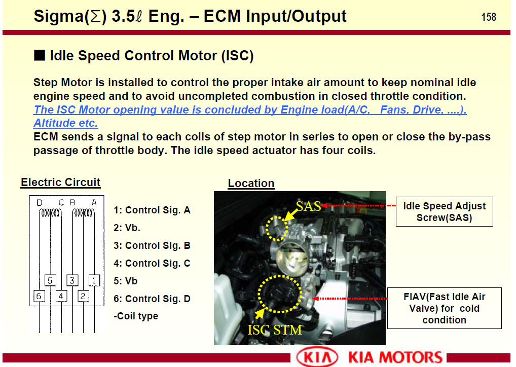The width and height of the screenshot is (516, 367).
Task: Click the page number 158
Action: pyautogui.click(x=488, y=17)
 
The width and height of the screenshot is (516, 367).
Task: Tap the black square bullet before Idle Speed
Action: pyautogui.click(x=40, y=55)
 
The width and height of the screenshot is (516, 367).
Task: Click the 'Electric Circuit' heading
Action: pyautogui.click(x=60, y=182)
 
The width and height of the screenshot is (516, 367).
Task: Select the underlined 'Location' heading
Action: pyautogui.click(x=251, y=183)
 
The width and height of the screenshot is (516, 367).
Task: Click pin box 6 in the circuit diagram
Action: pyautogui.click(x=39, y=296)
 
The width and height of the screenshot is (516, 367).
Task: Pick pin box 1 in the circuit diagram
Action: pyautogui.click(x=94, y=280)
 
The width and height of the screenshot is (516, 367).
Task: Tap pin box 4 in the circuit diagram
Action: pyautogui.click(x=61, y=296)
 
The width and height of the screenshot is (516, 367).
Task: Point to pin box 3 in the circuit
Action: pyautogui.click(x=72, y=280)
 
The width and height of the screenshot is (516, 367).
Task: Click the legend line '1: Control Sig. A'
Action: pyautogui.click(x=152, y=210)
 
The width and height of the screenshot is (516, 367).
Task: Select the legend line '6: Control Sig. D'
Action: pyautogui.click(x=152, y=299)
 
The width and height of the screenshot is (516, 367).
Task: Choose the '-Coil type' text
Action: pyautogui.click(x=136, y=316)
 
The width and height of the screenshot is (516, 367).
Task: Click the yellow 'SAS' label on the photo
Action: pyautogui.click(x=308, y=206)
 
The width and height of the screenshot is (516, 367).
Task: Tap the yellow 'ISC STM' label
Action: pyautogui.click(x=274, y=330)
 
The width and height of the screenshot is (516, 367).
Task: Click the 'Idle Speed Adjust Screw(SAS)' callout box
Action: pyautogui.click(x=444, y=212)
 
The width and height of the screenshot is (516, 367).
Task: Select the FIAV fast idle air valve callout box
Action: pyautogui.click(x=444, y=308)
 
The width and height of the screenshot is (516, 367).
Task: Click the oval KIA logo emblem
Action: pyautogui.click(x=317, y=357)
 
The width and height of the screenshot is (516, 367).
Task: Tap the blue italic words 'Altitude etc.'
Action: pyautogui.click(x=66, y=123)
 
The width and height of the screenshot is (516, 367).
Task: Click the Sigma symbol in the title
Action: pyautogui.click(x=95, y=16)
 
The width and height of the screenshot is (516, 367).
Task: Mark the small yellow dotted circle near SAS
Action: pyautogui.click(x=276, y=229)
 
